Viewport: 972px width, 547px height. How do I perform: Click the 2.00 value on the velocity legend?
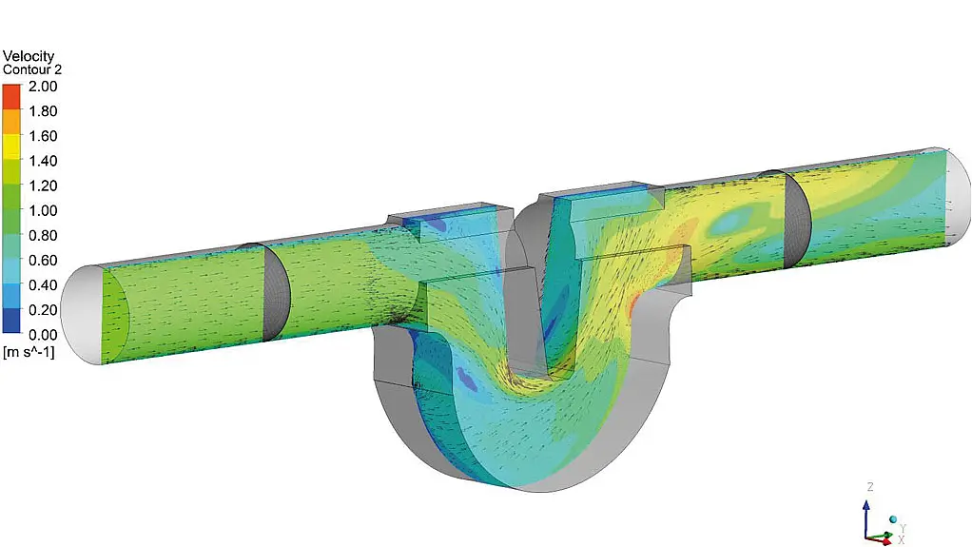click(43, 87)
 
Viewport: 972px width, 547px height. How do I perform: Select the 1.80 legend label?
click(43, 111)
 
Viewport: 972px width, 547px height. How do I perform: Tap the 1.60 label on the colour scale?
click(43, 136)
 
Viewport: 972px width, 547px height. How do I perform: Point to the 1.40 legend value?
click(43, 161)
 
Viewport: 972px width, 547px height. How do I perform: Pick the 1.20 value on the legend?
click(43, 186)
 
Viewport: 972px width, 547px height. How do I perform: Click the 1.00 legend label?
click(43, 210)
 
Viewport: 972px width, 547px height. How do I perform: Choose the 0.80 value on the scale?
click(43, 235)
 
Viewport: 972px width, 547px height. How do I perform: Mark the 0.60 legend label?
click(43, 260)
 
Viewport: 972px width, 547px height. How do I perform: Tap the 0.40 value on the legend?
click(43, 284)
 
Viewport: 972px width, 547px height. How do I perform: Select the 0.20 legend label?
click(43, 309)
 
